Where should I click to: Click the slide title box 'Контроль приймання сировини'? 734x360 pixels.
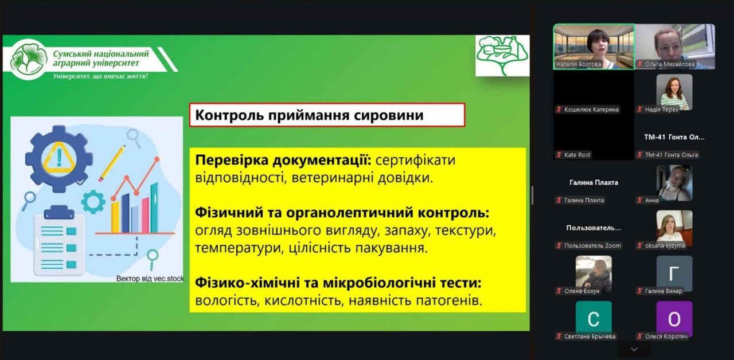coord(327,115)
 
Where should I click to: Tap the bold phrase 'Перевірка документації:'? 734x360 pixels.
coord(283,160)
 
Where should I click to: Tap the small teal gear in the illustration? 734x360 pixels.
coord(93,202)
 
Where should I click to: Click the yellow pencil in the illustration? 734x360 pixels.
coord(112,163)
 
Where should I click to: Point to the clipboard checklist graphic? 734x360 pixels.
coord(60,240)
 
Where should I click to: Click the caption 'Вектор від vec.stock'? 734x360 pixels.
coord(150,279)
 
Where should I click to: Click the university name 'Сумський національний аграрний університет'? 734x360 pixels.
coord(101,58)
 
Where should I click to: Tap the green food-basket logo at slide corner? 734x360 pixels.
coord(502,56)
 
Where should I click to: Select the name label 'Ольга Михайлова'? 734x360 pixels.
coord(670,64)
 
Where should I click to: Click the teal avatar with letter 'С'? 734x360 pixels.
coord(594,319)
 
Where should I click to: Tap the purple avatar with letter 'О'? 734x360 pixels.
coord(674,319)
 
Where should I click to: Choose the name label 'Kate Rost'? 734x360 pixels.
coord(577,155)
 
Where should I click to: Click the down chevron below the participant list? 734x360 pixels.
coord(634,350)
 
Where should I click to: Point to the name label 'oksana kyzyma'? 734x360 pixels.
coord(665,245)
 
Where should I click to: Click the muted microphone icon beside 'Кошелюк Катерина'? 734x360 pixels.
coord(559,109)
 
